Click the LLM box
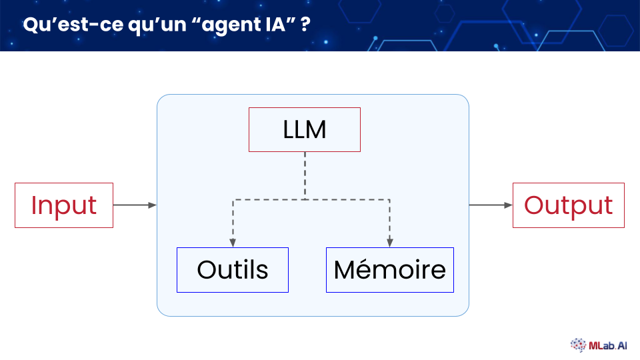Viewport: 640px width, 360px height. coord(305,129)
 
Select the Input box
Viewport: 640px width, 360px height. coord(64,205)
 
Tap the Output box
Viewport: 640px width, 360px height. coord(569,205)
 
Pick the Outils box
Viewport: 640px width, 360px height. coord(233,270)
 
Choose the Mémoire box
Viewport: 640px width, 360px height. coord(390,270)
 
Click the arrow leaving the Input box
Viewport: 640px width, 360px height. coord(135,205)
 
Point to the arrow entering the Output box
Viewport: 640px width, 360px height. coord(491,205)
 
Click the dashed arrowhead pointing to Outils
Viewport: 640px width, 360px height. coord(233,242)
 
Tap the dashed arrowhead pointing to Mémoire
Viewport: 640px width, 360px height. coord(390,242)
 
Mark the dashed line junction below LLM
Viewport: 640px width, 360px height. coord(305,199)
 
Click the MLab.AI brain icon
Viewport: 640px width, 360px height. coord(578,345)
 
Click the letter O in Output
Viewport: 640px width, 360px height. coord(534,205)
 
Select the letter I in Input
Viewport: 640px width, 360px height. coord(33,205)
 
